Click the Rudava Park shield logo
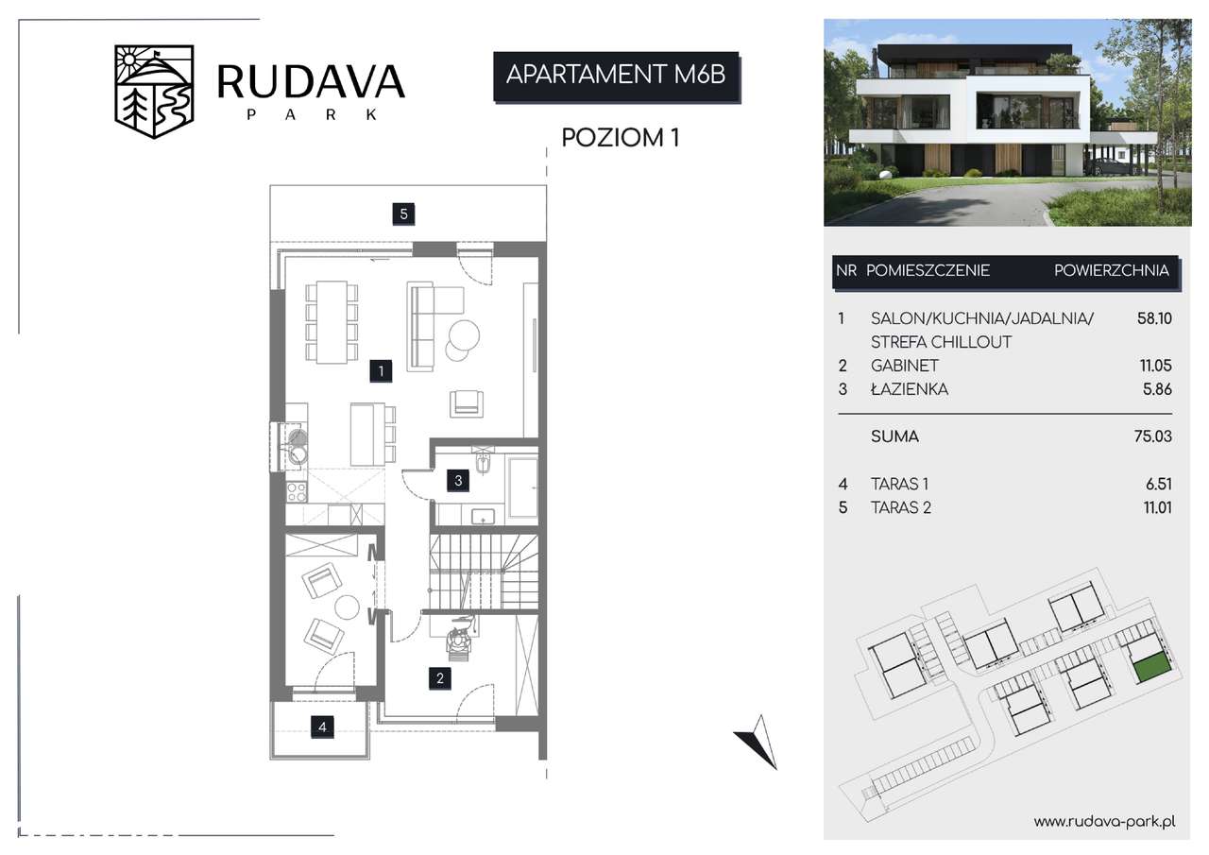click(x=154, y=92)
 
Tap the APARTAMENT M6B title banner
click(x=617, y=77)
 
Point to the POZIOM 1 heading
click(x=621, y=138)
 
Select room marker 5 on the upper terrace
click(x=403, y=214)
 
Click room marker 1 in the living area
click(x=381, y=371)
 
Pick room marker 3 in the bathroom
click(x=458, y=480)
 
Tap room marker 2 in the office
click(x=440, y=678)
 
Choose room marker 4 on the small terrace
click(x=322, y=727)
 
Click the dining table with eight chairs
click(x=332, y=322)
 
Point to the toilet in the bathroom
click(x=483, y=460)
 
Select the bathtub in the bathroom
click(x=522, y=487)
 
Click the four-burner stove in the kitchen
click(x=297, y=492)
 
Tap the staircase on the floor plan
click(x=485, y=573)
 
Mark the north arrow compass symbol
click(x=757, y=742)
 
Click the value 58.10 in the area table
click(x=1154, y=318)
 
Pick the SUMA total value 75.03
click(x=1153, y=436)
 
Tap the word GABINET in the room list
click(x=905, y=366)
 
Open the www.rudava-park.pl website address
click(x=1105, y=822)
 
